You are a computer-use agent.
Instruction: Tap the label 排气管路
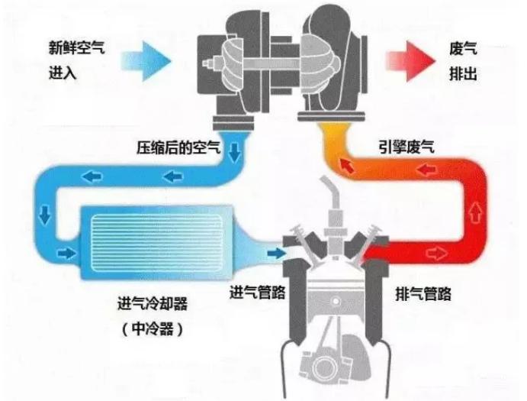[425, 292]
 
